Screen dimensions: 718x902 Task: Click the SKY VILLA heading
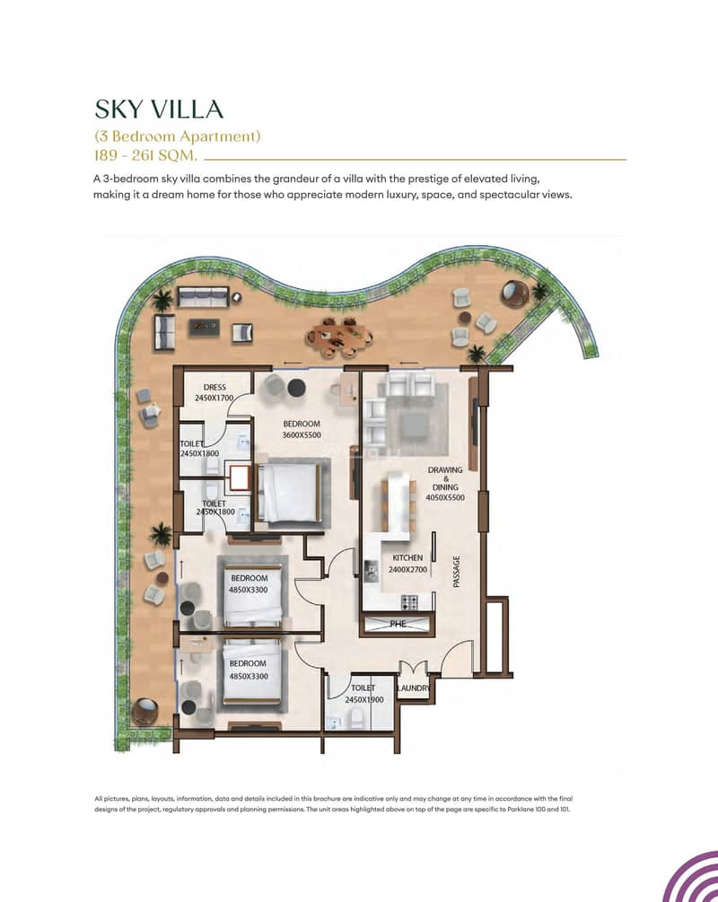point(159,109)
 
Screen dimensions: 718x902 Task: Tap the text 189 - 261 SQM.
point(146,155)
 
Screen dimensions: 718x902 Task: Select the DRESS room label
point(215,387)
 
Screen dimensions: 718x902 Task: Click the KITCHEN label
point(407,557)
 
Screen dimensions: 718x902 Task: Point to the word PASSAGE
point(456,571)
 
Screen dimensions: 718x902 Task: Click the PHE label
point(398,624)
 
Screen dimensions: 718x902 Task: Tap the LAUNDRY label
point(414,688)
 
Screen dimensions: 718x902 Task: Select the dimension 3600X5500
point(302,435)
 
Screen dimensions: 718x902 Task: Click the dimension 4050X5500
point(445,497)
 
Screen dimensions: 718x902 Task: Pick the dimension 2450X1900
point(364,699)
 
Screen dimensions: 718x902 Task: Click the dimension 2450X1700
point(214,398)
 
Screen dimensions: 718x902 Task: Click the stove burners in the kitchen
point(409,602)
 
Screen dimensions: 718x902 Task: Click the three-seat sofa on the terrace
point(203,297)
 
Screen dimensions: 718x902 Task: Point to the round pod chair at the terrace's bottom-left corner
point(144,712)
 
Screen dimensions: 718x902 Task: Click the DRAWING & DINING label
point(445,478)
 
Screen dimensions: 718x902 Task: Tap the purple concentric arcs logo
point(690,877)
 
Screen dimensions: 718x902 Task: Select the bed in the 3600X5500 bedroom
point(288,492)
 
